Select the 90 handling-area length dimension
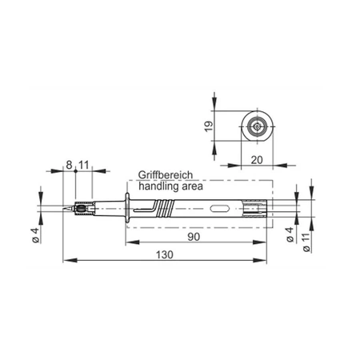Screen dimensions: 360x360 pyautogui.click(x=193, y=238)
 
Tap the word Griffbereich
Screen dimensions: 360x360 pyautogui.click(x=166, y=174)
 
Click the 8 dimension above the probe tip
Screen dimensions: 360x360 pyautogui.click(x=70, y=166)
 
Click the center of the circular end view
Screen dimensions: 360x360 pyautogui.click(x=257, y=126)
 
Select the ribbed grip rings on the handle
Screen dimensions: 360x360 pyautogui.click(x=164, y=210)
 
